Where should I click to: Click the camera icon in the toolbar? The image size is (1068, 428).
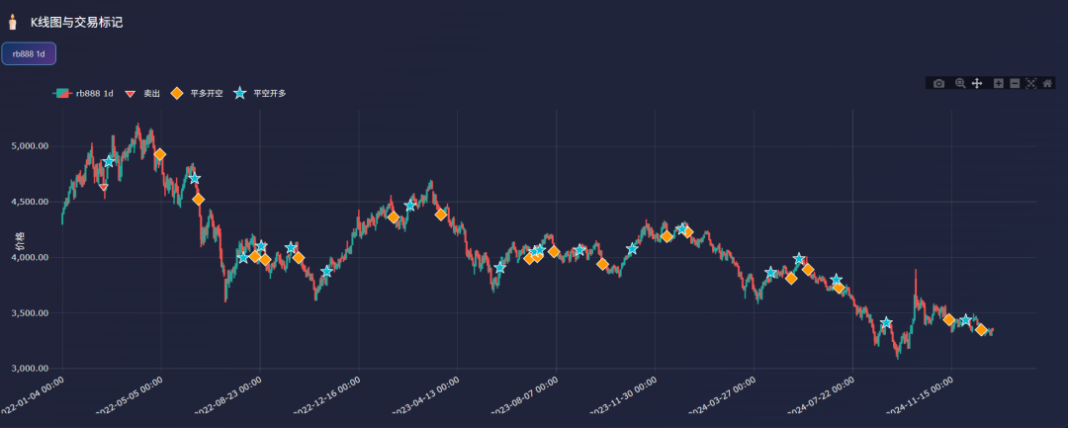[938, 84]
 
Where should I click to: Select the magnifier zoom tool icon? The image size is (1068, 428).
[960, 84]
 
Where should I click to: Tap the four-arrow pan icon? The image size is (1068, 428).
[977, 84]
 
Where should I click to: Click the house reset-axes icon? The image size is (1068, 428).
[1047, 84]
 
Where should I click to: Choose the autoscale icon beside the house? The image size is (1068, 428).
[1030, 84]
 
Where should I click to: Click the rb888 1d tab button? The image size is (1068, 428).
[29, 53]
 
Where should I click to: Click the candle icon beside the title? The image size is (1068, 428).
[13, 22]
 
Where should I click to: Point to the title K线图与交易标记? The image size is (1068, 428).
[76, 22]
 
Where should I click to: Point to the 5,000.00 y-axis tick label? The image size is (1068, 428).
[28, 146]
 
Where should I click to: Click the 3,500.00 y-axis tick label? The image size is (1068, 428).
[28, 313]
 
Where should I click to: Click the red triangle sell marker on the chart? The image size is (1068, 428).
[104, 187]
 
